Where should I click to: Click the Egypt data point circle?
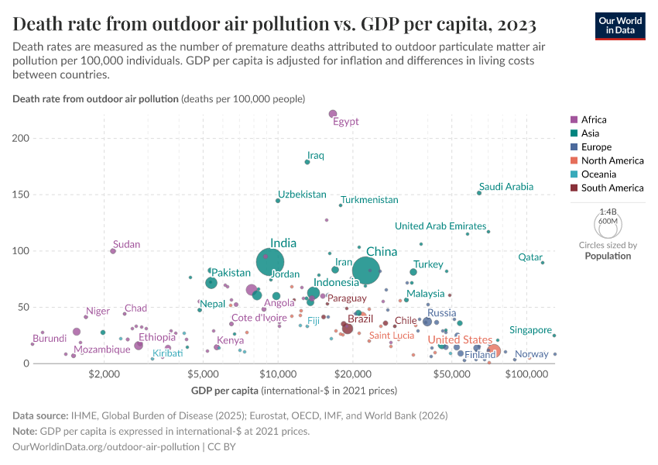click(333, 115)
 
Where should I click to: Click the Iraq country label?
click(315, 156)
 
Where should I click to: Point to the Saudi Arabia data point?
click(479, 193)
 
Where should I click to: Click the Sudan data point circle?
click(113, 251)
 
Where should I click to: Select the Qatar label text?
click(530, 257)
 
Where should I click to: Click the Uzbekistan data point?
click(278, 201)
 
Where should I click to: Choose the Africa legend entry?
click(594, 119)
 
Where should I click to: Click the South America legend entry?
click(612, 188)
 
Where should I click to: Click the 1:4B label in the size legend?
click(608, 212)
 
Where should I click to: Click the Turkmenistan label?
click(369, 200)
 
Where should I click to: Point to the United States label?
click(460, 340)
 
